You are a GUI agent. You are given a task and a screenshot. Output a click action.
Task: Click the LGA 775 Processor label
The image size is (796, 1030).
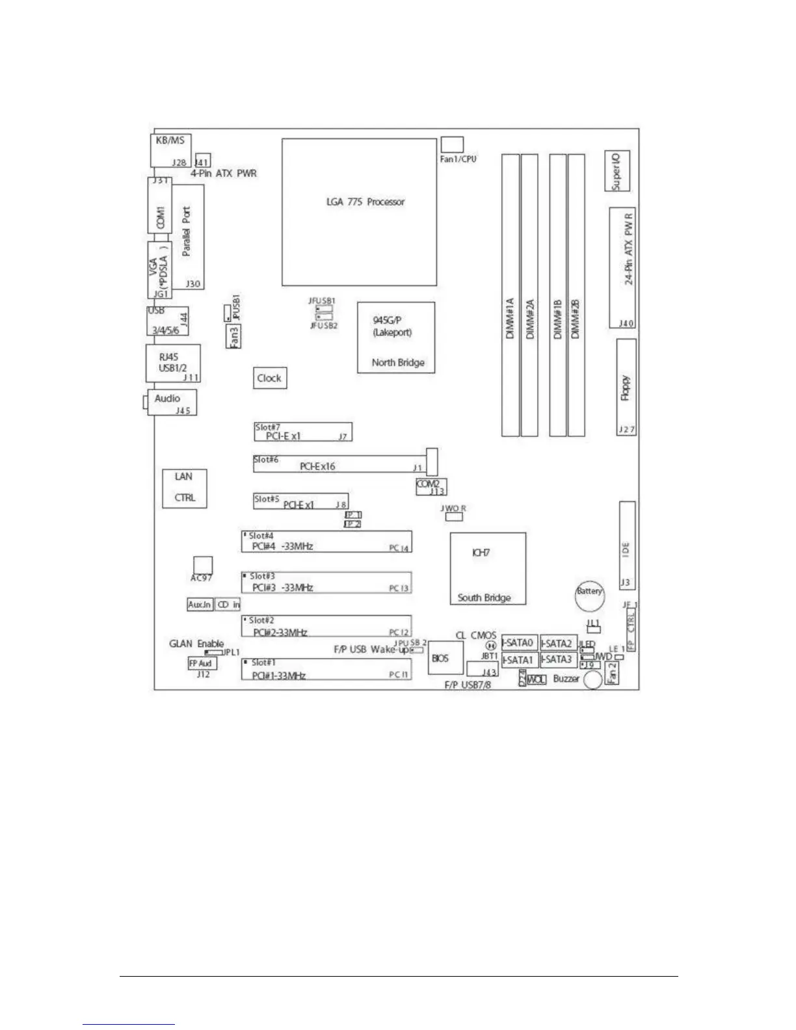(365, 202)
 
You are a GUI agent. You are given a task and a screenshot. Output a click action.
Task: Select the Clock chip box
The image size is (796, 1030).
(269, 378)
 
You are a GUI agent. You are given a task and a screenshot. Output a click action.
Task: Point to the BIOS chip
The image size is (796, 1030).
(441, 658)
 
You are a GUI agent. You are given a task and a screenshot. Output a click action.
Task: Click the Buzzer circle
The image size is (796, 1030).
(592, 680)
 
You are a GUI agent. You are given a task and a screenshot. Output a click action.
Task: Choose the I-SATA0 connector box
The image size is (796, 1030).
(518, 643)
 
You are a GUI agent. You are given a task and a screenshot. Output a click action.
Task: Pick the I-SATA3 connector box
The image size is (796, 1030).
(558, 659)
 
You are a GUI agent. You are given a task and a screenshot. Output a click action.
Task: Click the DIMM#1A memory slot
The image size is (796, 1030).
(510, 295)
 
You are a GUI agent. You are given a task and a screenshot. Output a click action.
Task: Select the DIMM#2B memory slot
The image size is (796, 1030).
(576, 295)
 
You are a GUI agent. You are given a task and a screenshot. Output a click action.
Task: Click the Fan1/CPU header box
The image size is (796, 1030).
(451, 144)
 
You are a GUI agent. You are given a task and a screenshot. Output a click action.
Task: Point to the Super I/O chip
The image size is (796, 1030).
(617, 171)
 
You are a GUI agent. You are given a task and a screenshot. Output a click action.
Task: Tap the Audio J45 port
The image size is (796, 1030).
(174, 403)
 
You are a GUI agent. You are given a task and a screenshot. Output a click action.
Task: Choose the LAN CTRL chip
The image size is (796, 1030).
(185, 488)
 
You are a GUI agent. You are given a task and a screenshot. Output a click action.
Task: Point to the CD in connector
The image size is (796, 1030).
(228, 605)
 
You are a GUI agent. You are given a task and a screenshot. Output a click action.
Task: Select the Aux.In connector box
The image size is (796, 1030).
(200, 605)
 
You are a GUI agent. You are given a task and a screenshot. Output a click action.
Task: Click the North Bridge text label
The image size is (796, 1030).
(398, 362)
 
